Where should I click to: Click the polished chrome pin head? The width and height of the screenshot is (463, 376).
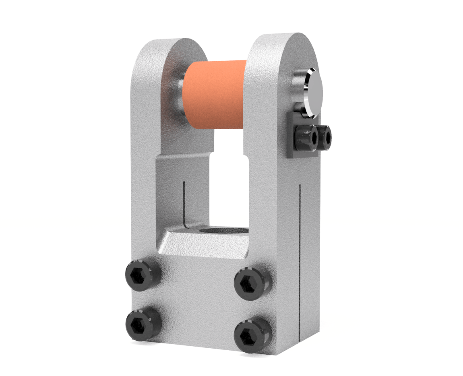click(x=314, y=93)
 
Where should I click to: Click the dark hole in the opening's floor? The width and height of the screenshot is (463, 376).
click(x=225, y=231)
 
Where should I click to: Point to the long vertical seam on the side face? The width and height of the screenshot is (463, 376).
click(x=300, y=262)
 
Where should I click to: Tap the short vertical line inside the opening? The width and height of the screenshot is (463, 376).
click(x=184, y=201)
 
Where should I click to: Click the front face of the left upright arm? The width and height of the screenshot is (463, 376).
click(x=143, y=161)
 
